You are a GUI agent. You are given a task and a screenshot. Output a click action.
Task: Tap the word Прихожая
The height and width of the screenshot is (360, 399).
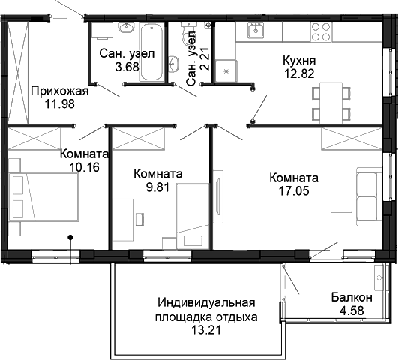click(60, 91)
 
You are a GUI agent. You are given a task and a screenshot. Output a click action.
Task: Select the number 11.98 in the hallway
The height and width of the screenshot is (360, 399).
click(60, 104)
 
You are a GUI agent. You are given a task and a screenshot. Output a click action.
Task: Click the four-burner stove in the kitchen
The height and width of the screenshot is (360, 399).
click(321, 31)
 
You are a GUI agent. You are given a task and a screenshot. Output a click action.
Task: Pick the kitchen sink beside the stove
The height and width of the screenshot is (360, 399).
click(257, 31)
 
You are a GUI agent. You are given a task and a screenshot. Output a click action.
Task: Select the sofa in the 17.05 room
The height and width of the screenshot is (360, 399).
click(367, 196)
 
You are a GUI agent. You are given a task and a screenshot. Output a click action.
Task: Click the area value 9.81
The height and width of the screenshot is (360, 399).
click(157, 187)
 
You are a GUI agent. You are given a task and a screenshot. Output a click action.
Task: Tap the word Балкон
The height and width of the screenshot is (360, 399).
click(350, 297)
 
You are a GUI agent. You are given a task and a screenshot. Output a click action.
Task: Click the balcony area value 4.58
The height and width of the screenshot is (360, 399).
click(350, 310)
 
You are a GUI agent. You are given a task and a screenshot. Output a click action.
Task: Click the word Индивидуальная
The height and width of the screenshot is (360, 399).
click(207, 303)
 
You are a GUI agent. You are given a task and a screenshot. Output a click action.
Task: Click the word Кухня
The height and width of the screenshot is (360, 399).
click(298, 61)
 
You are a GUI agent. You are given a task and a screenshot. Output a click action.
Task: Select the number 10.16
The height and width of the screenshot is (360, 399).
click(85, 167)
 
